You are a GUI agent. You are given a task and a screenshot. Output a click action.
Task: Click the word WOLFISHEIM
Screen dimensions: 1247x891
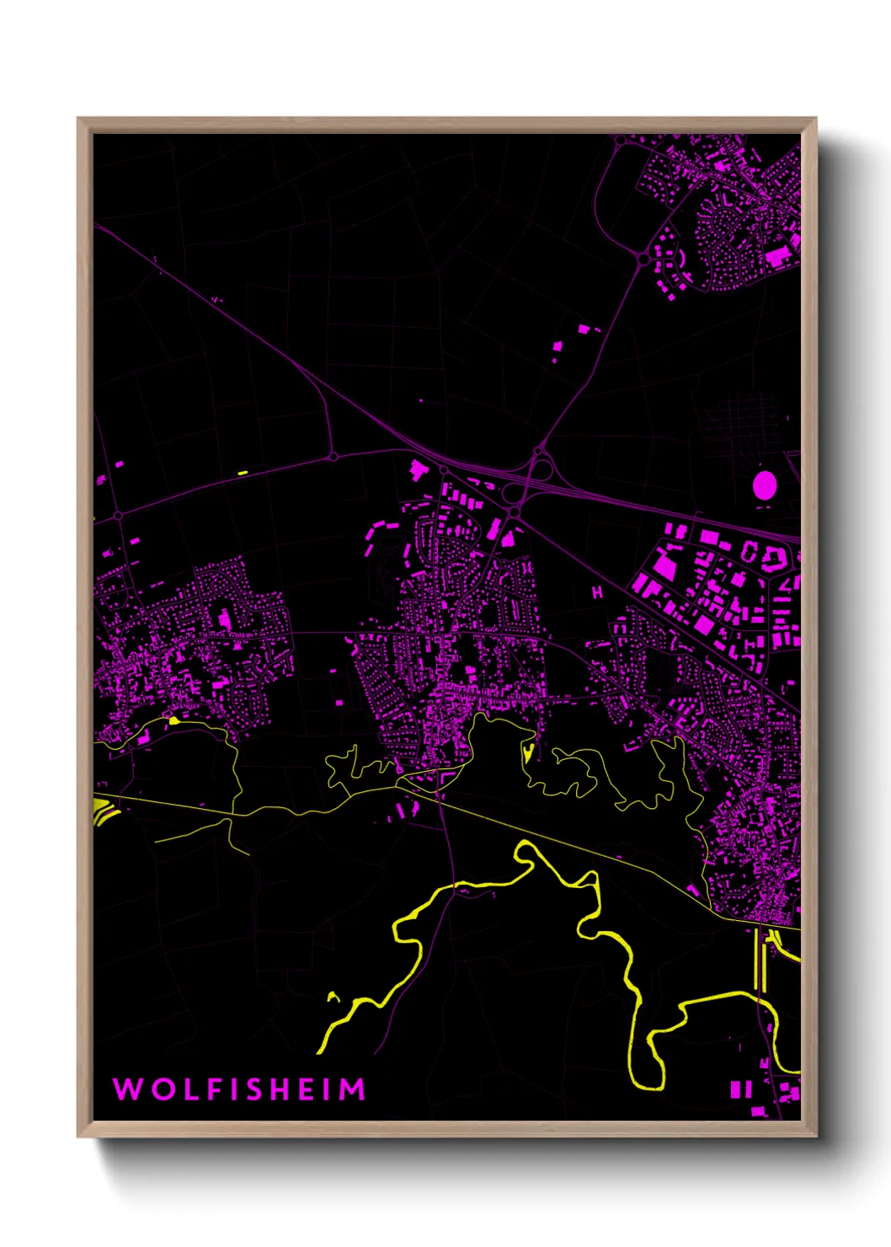(x=239, y=1089)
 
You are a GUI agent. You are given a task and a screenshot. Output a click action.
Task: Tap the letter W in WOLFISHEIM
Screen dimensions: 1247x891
(x=126, y=1089)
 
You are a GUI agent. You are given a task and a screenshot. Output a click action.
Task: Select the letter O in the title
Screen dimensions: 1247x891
(x=157, y=1089)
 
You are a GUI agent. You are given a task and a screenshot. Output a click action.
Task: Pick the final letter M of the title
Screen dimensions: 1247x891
(x=353, y=1089)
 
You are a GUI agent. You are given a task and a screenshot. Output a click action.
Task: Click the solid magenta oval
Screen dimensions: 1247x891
(x=764, y=485)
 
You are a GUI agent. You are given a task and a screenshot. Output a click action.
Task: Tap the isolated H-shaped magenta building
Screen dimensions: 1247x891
(x=597, y=592)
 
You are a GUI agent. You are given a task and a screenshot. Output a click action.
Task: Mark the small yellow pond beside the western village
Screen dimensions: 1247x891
(x=173, y=720)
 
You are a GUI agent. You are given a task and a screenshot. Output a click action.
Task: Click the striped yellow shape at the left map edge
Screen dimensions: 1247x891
(x=103, y=811)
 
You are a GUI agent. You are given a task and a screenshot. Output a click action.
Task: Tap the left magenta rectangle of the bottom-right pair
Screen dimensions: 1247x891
(x=734, y=1089)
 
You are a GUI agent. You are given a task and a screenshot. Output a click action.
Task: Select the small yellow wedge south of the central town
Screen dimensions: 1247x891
(x=529, y=752)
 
